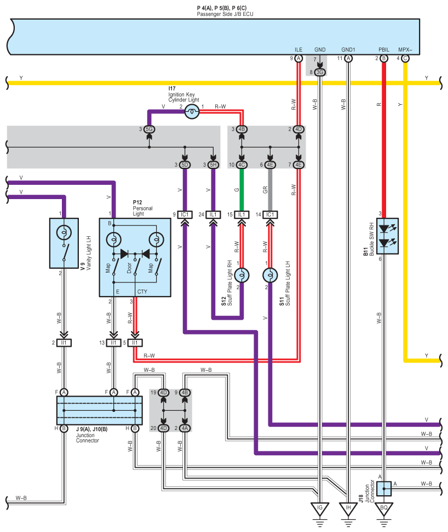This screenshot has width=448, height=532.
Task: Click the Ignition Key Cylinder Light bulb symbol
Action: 192,112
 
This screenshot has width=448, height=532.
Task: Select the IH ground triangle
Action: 347,507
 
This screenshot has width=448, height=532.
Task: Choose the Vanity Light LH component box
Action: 64,243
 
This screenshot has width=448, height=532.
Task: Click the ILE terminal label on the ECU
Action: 298,49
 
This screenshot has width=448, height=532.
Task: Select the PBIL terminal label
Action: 383,49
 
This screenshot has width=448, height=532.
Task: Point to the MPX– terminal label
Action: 405,49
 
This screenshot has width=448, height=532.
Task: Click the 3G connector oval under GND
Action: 320,72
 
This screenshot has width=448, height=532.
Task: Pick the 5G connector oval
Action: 148,129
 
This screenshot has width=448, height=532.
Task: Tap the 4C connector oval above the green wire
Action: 242,165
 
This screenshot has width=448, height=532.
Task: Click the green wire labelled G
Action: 242,189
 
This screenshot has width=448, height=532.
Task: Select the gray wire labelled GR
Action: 269,189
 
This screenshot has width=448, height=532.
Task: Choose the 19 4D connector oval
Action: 163,393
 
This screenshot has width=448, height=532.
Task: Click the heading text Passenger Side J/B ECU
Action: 224,14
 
